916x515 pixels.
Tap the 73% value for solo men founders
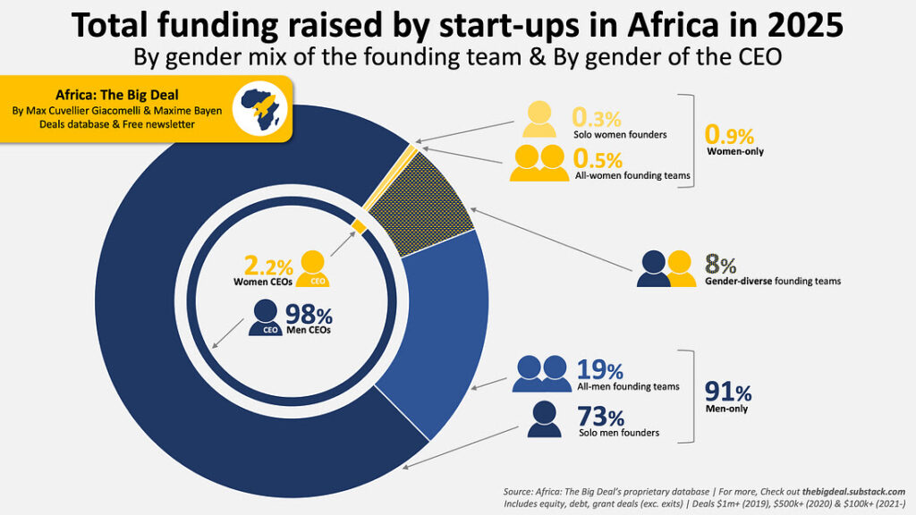(x=601, y=417)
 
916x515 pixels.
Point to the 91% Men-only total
(x=728, y=392)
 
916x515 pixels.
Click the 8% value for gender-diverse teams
(x=721, y=264)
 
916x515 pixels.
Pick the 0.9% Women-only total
(x=730, y=135)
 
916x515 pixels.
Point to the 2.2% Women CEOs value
(x=268, y=266)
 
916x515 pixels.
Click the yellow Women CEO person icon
(x=313, y=267)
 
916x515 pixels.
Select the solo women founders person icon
(x=540, y=119)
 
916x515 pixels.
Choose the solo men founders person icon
(x=544, y=418)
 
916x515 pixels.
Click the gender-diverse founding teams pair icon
(x=666, y=267)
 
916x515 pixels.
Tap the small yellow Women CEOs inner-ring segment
(x=359, y=227)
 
